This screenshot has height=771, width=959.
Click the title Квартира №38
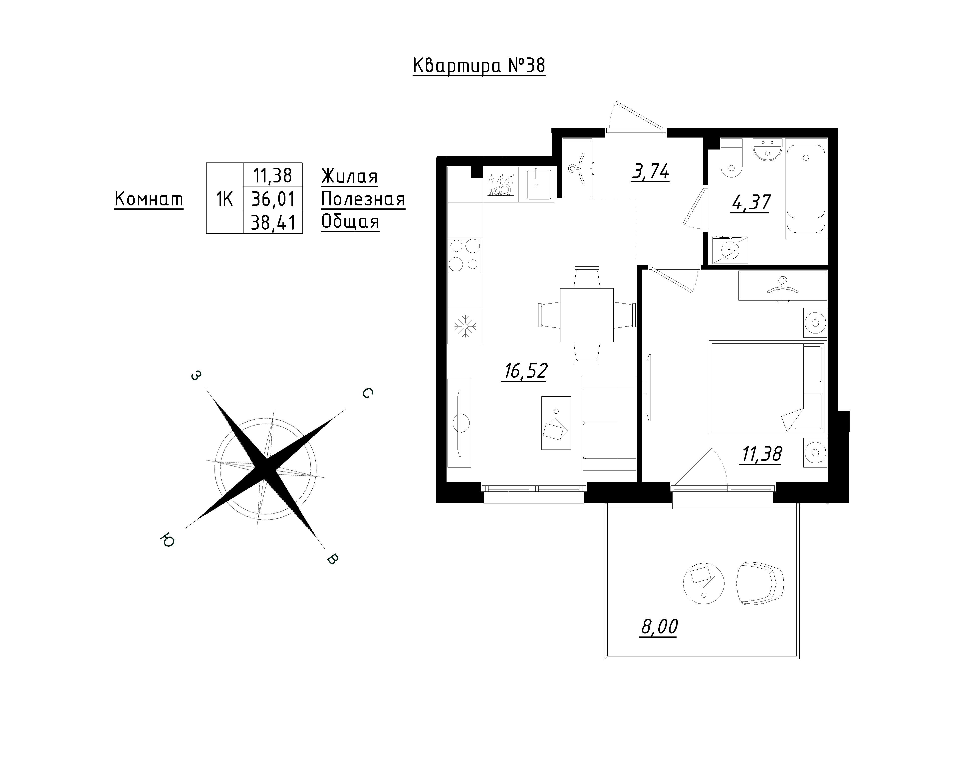pos(479,66)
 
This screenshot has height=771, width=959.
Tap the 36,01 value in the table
pos(273,199)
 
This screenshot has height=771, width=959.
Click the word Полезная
pos(363,199)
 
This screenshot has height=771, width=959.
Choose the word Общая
pos(350,221)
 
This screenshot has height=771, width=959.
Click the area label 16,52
pos(525,371)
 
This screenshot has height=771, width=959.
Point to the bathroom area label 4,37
pos(750,203)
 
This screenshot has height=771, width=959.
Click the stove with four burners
pos(465,255)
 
